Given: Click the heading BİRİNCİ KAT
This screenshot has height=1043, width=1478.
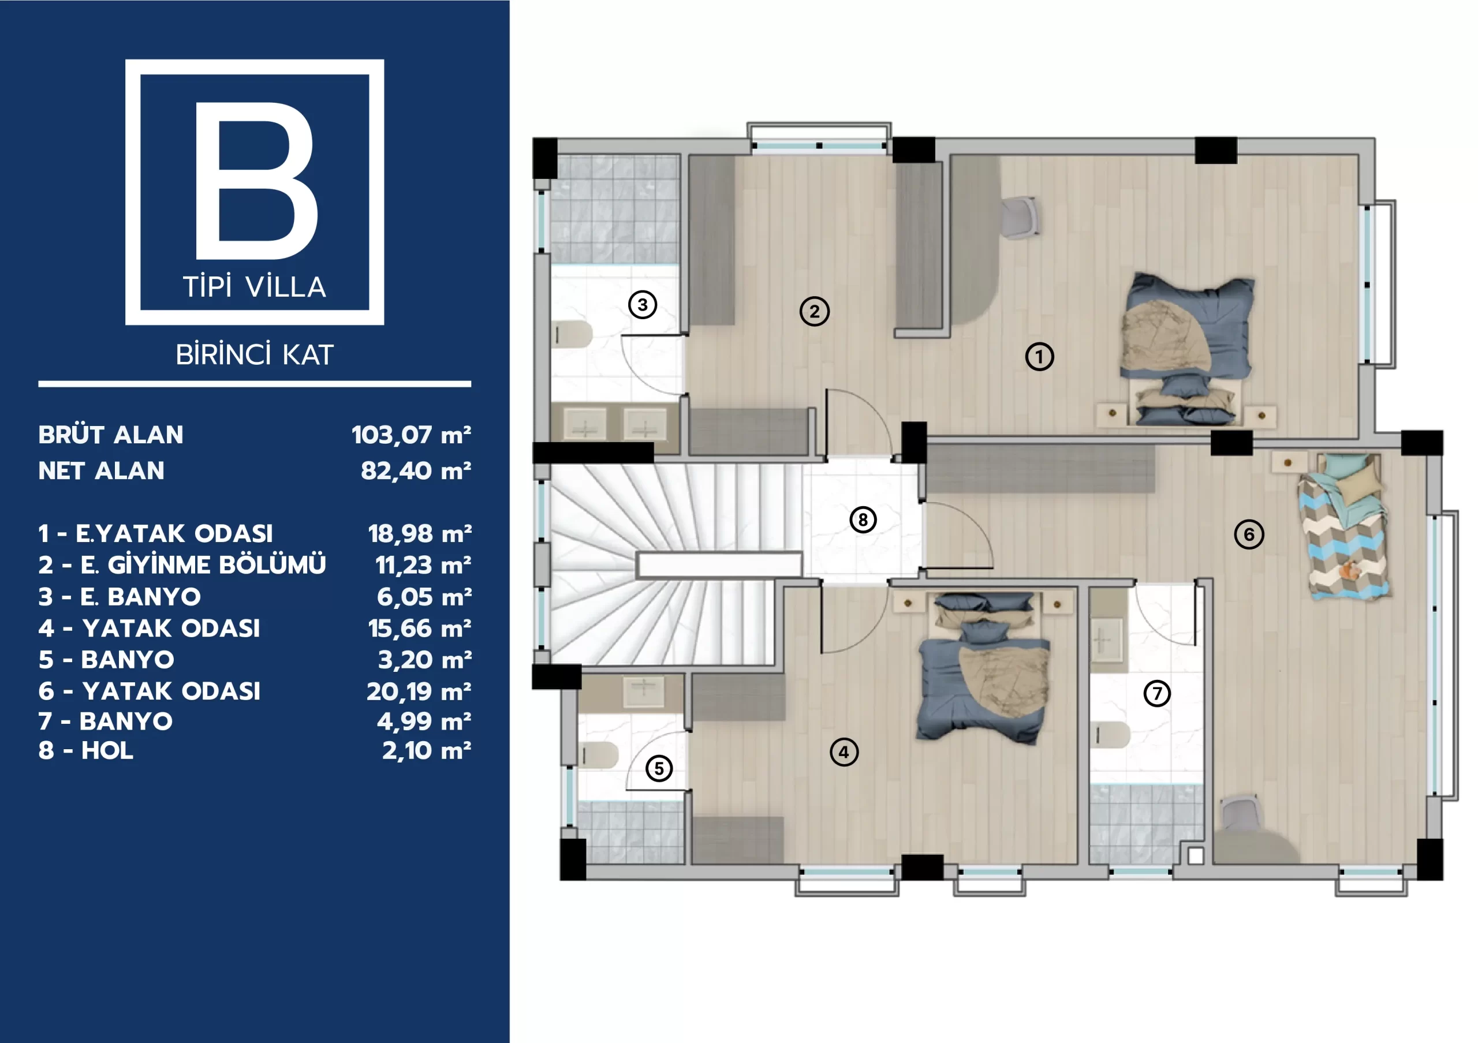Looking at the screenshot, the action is (255, 354).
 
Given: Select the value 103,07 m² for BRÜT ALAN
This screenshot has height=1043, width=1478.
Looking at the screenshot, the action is (411, 435).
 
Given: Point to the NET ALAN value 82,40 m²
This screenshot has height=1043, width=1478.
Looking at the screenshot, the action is (416, 471).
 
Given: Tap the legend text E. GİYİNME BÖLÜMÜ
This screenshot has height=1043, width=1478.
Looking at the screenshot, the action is (203, 565).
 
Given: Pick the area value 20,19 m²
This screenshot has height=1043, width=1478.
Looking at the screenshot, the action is (419, 691).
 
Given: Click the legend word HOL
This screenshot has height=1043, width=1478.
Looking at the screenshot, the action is (107, 751).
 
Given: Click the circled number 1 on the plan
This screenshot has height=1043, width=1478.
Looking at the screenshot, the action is (1039, 357).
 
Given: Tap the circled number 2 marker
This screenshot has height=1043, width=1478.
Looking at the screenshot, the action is (814, 312).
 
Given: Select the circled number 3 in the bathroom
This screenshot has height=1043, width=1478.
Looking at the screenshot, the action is (643, 304).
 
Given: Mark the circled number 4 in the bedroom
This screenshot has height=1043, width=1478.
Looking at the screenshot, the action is (844, 752).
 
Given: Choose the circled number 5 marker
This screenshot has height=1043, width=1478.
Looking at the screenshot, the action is (659, 768).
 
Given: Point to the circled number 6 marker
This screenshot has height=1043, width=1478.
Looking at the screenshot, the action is (1249, 534).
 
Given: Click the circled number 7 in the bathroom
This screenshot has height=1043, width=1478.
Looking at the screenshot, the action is (1157, 693).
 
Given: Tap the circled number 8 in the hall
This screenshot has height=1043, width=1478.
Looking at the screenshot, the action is (863, 519).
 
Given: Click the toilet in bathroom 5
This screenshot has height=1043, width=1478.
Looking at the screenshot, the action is (599, 756).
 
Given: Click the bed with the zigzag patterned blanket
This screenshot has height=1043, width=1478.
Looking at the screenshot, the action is (1342, 528).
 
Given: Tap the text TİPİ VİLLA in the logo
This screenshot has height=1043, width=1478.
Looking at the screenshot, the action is (255, 287).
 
